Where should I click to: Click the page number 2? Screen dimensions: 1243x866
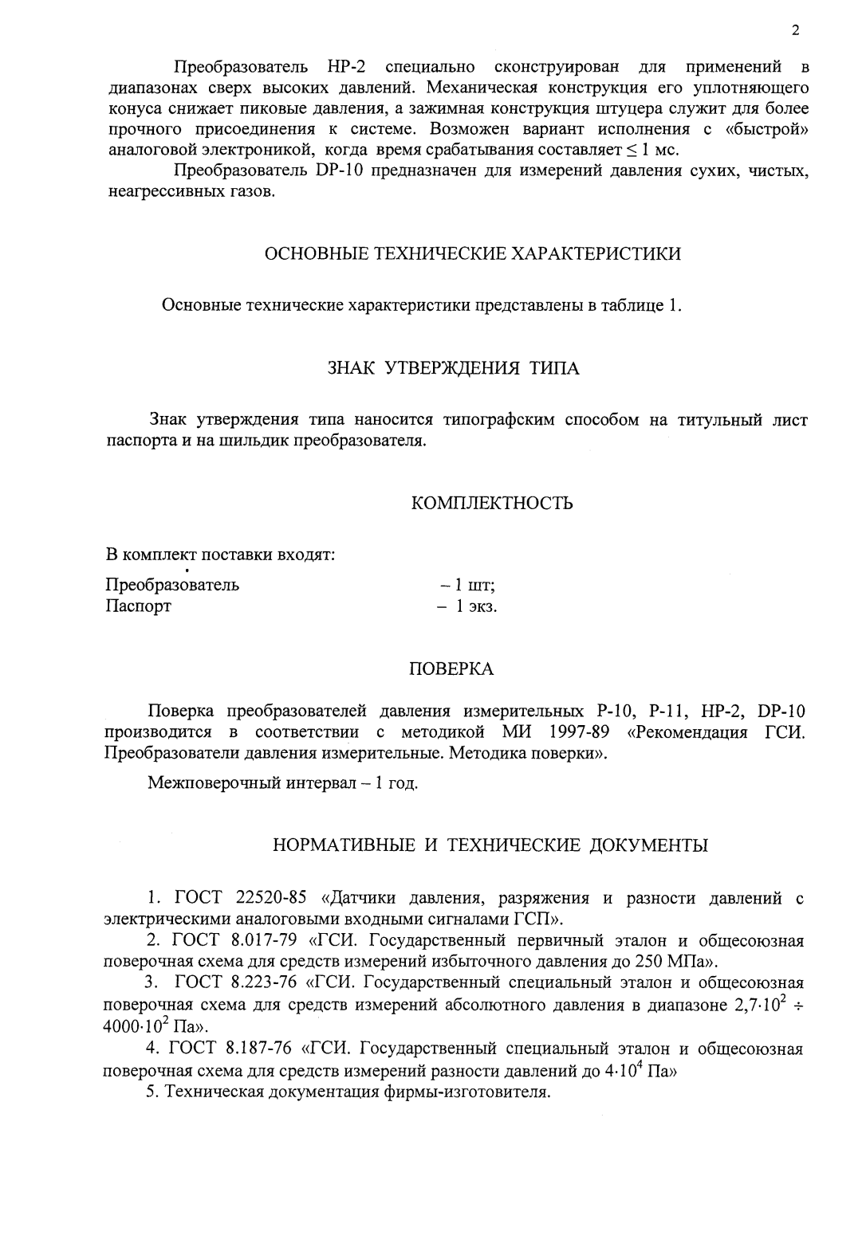(795, 31)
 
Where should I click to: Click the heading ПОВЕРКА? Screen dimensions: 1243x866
(451, 669)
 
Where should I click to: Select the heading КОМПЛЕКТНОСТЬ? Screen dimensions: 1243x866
(492, 504)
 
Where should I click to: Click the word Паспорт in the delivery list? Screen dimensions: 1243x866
(138, 606)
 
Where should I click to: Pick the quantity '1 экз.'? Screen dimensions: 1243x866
(475, 606)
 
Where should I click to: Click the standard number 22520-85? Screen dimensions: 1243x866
(272, 899)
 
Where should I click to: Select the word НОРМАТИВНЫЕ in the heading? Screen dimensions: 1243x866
(342, 845)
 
